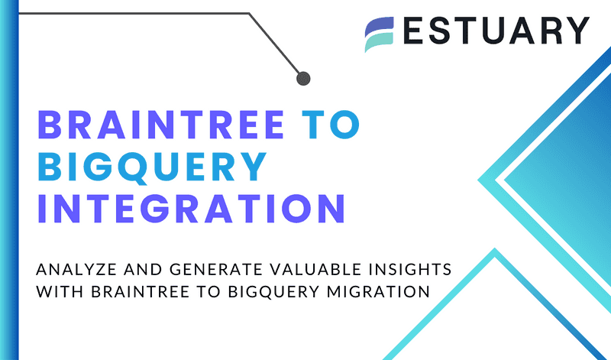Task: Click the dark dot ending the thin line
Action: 303,77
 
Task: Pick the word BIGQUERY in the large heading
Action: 152,166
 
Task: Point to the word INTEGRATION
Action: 191,207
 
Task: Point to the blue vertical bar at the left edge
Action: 8,180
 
